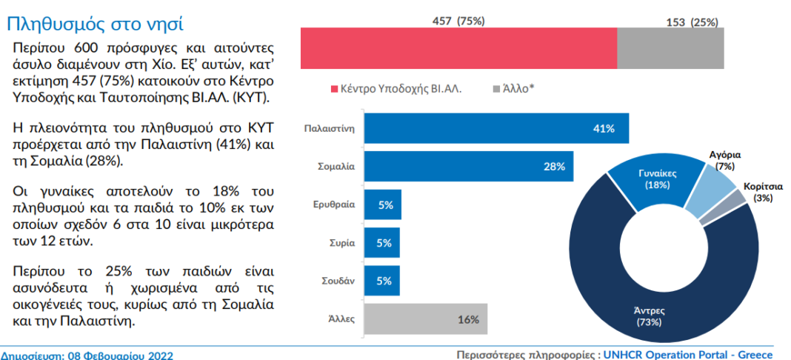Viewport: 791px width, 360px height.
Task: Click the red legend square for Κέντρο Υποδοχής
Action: coord(334,89)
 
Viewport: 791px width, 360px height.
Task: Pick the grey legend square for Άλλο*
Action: coord(495,89)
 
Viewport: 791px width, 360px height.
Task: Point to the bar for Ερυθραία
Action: coord(383,204)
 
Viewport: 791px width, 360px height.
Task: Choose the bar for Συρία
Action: coord(382,243)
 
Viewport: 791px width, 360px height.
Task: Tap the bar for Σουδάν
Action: coord(382,281)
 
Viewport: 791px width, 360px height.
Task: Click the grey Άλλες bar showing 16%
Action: coord(426,320)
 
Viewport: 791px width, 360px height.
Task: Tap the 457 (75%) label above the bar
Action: coord(458,21)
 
